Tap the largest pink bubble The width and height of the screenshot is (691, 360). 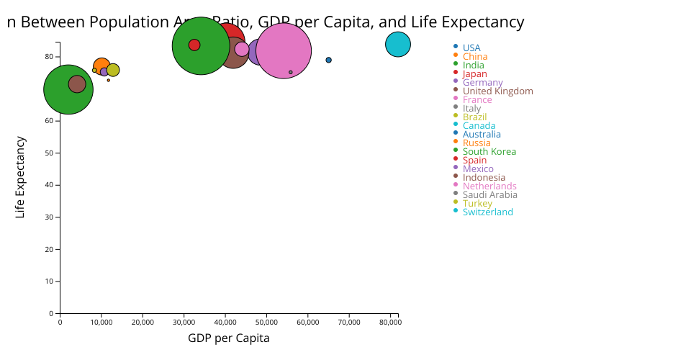click(284, 50)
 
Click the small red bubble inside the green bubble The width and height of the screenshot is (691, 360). click(194, 45)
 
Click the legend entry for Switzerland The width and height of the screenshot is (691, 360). click(487, 212)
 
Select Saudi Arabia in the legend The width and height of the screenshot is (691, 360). click(489, 195)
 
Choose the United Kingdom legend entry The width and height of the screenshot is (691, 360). click(497, 91)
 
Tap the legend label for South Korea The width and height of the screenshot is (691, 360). click(489, 152)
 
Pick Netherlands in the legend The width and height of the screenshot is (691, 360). click(489, 186)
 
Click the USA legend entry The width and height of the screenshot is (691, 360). click(471, 48)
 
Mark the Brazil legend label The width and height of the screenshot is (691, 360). click(475, 117)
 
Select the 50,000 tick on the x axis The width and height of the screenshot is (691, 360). click(266, 322)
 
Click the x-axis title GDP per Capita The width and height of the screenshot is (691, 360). click(229, 338)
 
